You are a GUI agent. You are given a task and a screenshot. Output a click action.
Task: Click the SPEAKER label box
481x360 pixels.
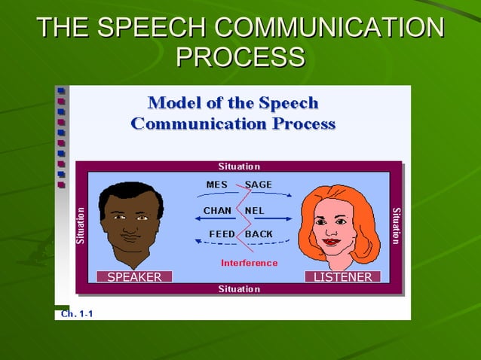[x=134, y=277]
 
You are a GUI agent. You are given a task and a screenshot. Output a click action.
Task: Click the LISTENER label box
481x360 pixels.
[x=343, y=277]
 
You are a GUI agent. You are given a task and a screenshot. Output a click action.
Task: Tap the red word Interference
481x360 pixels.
[x=249, y=263]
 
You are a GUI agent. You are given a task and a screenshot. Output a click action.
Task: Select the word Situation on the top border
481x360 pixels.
[x=239, y=166]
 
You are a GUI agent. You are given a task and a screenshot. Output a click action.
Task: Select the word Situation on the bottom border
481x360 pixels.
[x=239, y=289]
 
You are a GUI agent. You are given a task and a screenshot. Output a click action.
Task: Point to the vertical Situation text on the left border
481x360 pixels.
[x=81, y=225]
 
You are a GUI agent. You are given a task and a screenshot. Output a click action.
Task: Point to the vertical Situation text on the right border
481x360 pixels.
[x=397, y=225]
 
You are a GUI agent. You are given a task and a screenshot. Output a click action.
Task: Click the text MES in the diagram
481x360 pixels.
[x=217, y=185]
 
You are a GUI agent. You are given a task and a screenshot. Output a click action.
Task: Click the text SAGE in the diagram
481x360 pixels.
[x=259, y=185]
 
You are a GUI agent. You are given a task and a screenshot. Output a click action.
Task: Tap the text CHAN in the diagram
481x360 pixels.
[x=217, y=210]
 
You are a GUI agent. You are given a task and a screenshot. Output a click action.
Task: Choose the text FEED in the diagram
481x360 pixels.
[x=222, y=234]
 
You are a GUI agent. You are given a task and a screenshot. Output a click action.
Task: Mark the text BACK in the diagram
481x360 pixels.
[x=259, y=234]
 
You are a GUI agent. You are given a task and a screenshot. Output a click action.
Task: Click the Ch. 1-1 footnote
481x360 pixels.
[x=77, y=313]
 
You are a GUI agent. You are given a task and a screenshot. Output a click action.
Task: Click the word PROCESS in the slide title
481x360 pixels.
[x=240, y=57]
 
